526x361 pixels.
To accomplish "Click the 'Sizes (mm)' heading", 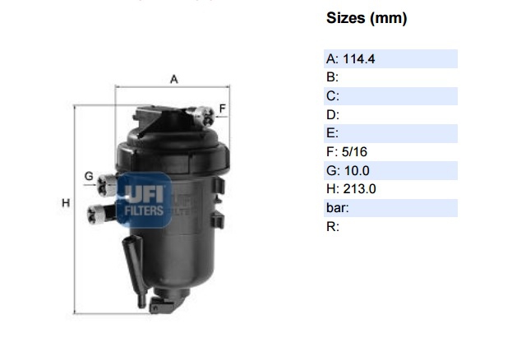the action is click(367, 18).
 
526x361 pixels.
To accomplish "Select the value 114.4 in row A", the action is click(359, 59).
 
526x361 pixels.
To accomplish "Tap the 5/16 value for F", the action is click(354, 152).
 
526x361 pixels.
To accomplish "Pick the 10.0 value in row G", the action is click(356, 171).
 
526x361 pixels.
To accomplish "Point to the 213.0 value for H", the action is click(359, 189).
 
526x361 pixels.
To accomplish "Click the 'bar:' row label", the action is click(338, 208).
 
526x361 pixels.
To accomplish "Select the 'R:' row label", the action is click(333, 227).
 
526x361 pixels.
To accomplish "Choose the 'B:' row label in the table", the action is click(332, 77).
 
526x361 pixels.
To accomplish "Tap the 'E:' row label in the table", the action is click(332, 133).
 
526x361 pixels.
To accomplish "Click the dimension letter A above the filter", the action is click(173, 79).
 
